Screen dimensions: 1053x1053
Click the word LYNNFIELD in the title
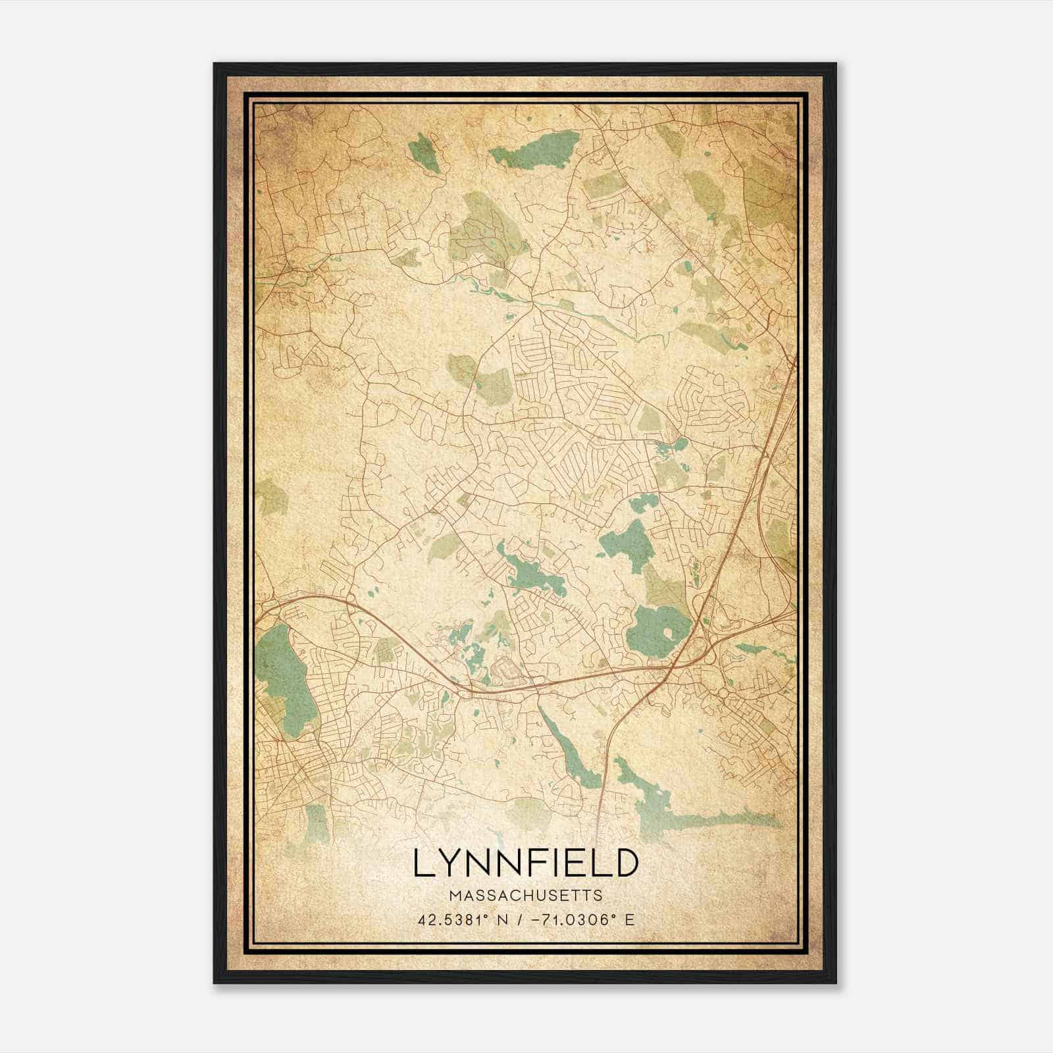coord(526,863)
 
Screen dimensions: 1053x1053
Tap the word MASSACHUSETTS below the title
coord(526,896)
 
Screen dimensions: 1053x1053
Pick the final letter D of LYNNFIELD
coord(626,863)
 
